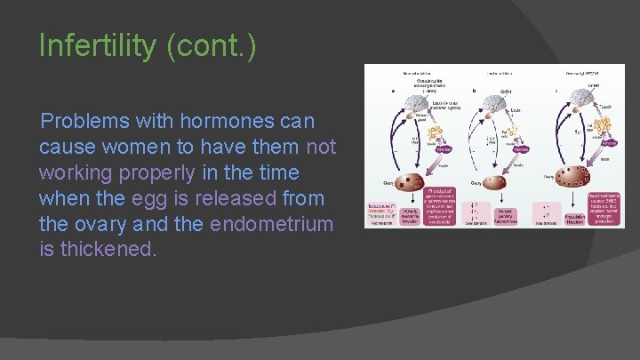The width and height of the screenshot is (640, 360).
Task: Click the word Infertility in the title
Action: [98, 46]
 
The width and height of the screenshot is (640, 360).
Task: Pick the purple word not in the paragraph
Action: [321, 146]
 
